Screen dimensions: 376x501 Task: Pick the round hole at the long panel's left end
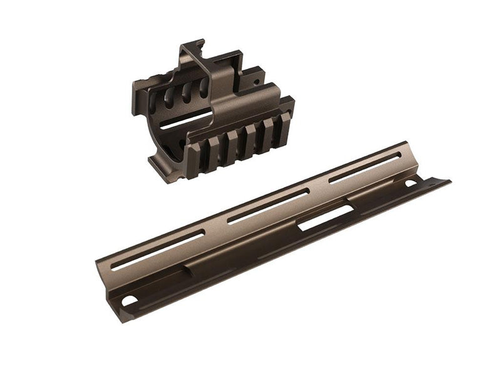point(128,301)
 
